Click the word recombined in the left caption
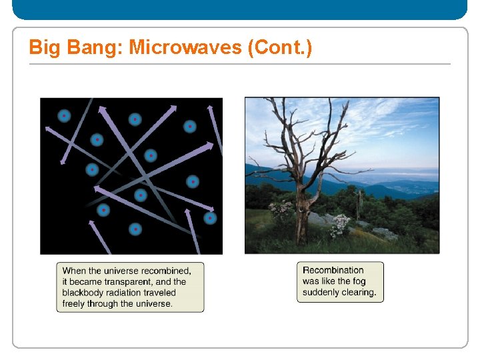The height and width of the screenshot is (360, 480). click(164, 271)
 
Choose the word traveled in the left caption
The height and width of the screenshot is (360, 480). click(161, 293)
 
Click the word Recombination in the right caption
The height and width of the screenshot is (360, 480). click(333, 270)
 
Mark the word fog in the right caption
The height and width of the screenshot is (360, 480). click(359, 281)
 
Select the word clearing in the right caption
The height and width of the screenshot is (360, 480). click(360, 292)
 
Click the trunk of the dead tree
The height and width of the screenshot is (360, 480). click(302, 213)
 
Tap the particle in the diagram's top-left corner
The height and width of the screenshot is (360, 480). click(64, 116)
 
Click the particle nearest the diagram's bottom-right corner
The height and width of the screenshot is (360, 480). click(210, 218)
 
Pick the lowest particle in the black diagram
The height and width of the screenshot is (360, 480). click(135, 229)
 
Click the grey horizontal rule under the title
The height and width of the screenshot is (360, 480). click(240, 64)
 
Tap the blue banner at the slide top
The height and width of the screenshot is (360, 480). click(240, 9)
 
